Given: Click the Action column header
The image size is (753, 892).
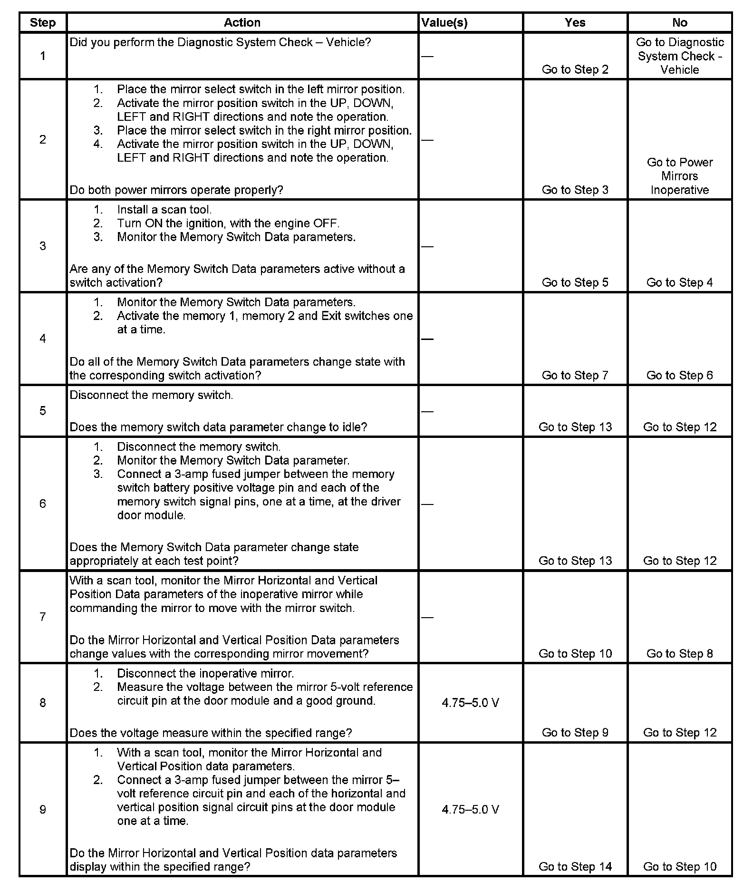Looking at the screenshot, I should (242, 22).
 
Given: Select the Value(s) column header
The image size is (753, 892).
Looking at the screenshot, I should (444, 22).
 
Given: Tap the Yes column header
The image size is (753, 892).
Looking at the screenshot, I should (575, 22).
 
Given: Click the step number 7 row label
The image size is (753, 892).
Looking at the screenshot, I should (43, 617).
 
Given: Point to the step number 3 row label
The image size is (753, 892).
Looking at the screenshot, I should (43, 246).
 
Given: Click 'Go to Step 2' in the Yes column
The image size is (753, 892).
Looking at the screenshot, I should (575, 69).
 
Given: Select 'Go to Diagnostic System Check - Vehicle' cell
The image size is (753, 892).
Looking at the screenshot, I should (679, 56).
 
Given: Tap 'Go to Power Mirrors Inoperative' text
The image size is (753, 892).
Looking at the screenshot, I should (679, 176).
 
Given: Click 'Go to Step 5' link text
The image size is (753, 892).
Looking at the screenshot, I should (575, 282).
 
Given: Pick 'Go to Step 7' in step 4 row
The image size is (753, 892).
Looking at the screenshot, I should (575, 375).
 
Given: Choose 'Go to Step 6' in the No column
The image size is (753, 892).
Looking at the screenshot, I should (679, 375).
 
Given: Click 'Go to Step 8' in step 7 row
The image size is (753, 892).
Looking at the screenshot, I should (679, 653).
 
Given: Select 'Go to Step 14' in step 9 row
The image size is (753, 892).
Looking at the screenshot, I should (575, 866).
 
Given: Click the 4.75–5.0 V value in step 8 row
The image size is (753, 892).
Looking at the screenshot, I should (470, 703).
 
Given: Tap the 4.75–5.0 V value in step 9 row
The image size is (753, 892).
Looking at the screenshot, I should (470, 809).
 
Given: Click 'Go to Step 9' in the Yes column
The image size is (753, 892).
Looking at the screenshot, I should (575, 733).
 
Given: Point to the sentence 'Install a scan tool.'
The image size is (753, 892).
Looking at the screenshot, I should (164, 210).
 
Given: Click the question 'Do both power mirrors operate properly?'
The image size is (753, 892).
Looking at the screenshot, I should (176, 190).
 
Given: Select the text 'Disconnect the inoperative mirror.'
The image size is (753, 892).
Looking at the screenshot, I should (205, 673).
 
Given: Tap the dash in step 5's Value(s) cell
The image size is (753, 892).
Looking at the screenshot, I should (427, 411).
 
